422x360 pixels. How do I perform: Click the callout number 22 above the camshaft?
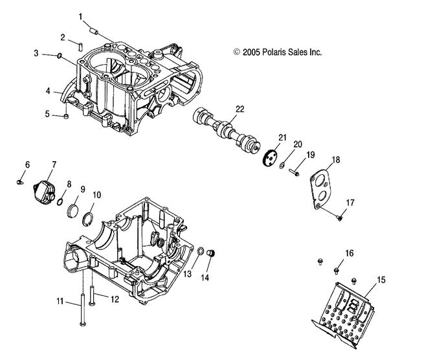[x=239, y=109]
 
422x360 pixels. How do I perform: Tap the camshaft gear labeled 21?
[x=269, y=157]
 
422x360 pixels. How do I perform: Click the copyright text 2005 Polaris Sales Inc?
[x=278, y=52]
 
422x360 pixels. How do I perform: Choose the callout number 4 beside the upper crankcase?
[x=48, y=91]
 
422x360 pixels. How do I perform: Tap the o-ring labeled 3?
[x=60, y=56]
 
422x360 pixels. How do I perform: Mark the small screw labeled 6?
[x=25, y=184]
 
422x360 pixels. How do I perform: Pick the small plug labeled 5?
[x=67, y=117]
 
